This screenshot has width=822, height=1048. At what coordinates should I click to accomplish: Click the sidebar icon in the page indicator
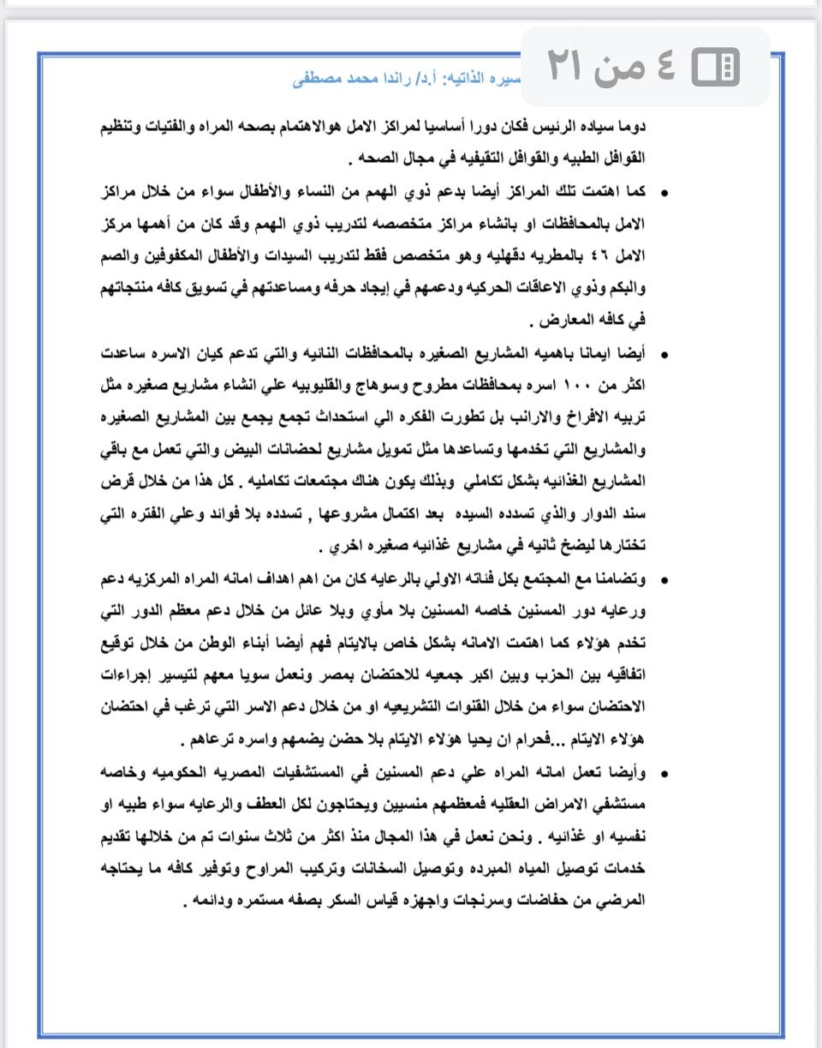716,66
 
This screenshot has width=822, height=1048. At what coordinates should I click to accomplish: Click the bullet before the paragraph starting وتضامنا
664,580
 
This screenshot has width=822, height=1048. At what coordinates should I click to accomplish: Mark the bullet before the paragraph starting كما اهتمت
664,192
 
